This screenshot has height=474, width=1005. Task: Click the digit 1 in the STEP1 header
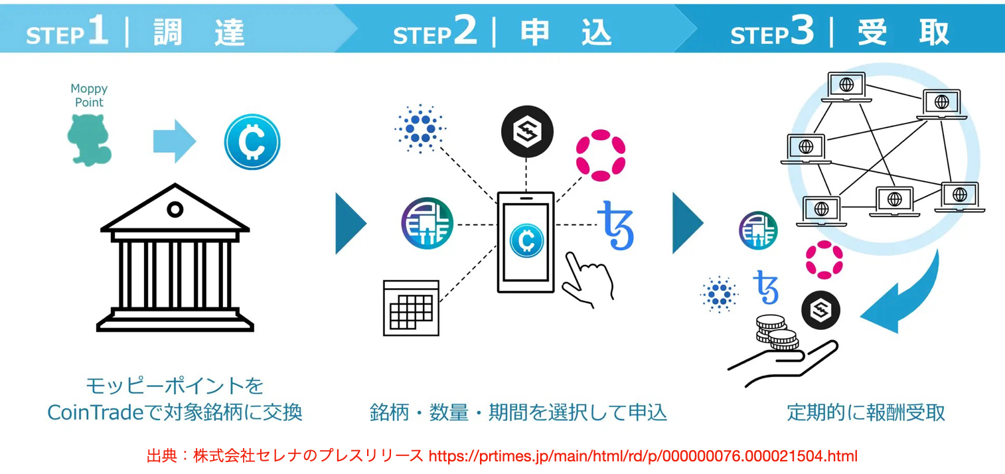click(x=98, y=31)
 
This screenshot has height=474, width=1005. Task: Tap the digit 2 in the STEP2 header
click(x=465, y=31)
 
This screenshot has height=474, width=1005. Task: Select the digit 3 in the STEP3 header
click(x=803, y=31)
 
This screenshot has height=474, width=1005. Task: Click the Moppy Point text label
click(x=89, y=96)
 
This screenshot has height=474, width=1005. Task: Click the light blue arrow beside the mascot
click(x=175, y=141)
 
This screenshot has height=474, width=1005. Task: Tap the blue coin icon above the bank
click(x=252, y=141)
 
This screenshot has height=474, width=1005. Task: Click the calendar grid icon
click(x=411, y=307)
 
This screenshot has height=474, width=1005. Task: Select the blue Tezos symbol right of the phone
click(x=616, y=225)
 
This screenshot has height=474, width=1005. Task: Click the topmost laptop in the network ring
click(x=846, y=87)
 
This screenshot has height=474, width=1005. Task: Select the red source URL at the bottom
click(x=643, y=457)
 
